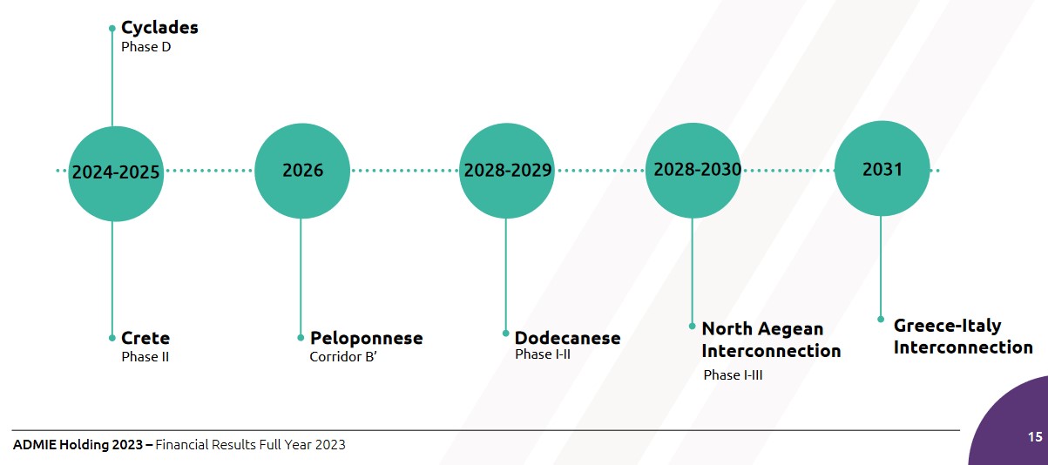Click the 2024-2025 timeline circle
(x=116, y=173)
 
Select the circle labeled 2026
(x=302, y=171)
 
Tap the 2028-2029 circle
(x=507, y=171)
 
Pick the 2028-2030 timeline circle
(x=693, y=171)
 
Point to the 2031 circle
(x=882, y=168)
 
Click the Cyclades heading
(x=159, y=28)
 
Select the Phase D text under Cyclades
(x=146, y=47)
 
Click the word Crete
(x=145, y=338)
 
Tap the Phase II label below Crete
(x=145, y=357)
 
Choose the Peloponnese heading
(x=367, y=338)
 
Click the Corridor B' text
(x=343, y=357)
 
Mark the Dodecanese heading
(x=567, y=338)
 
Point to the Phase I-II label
(x=543, y=354)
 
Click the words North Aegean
(x=762, y=329)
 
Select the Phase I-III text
(x=734, y=374)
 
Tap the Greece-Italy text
(x=948, y=326)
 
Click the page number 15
(x=1035, y=437)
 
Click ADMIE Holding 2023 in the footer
(x=78, y=444)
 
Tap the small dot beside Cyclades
(x=112, y=29)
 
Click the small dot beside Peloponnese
(x=301, y=338)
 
